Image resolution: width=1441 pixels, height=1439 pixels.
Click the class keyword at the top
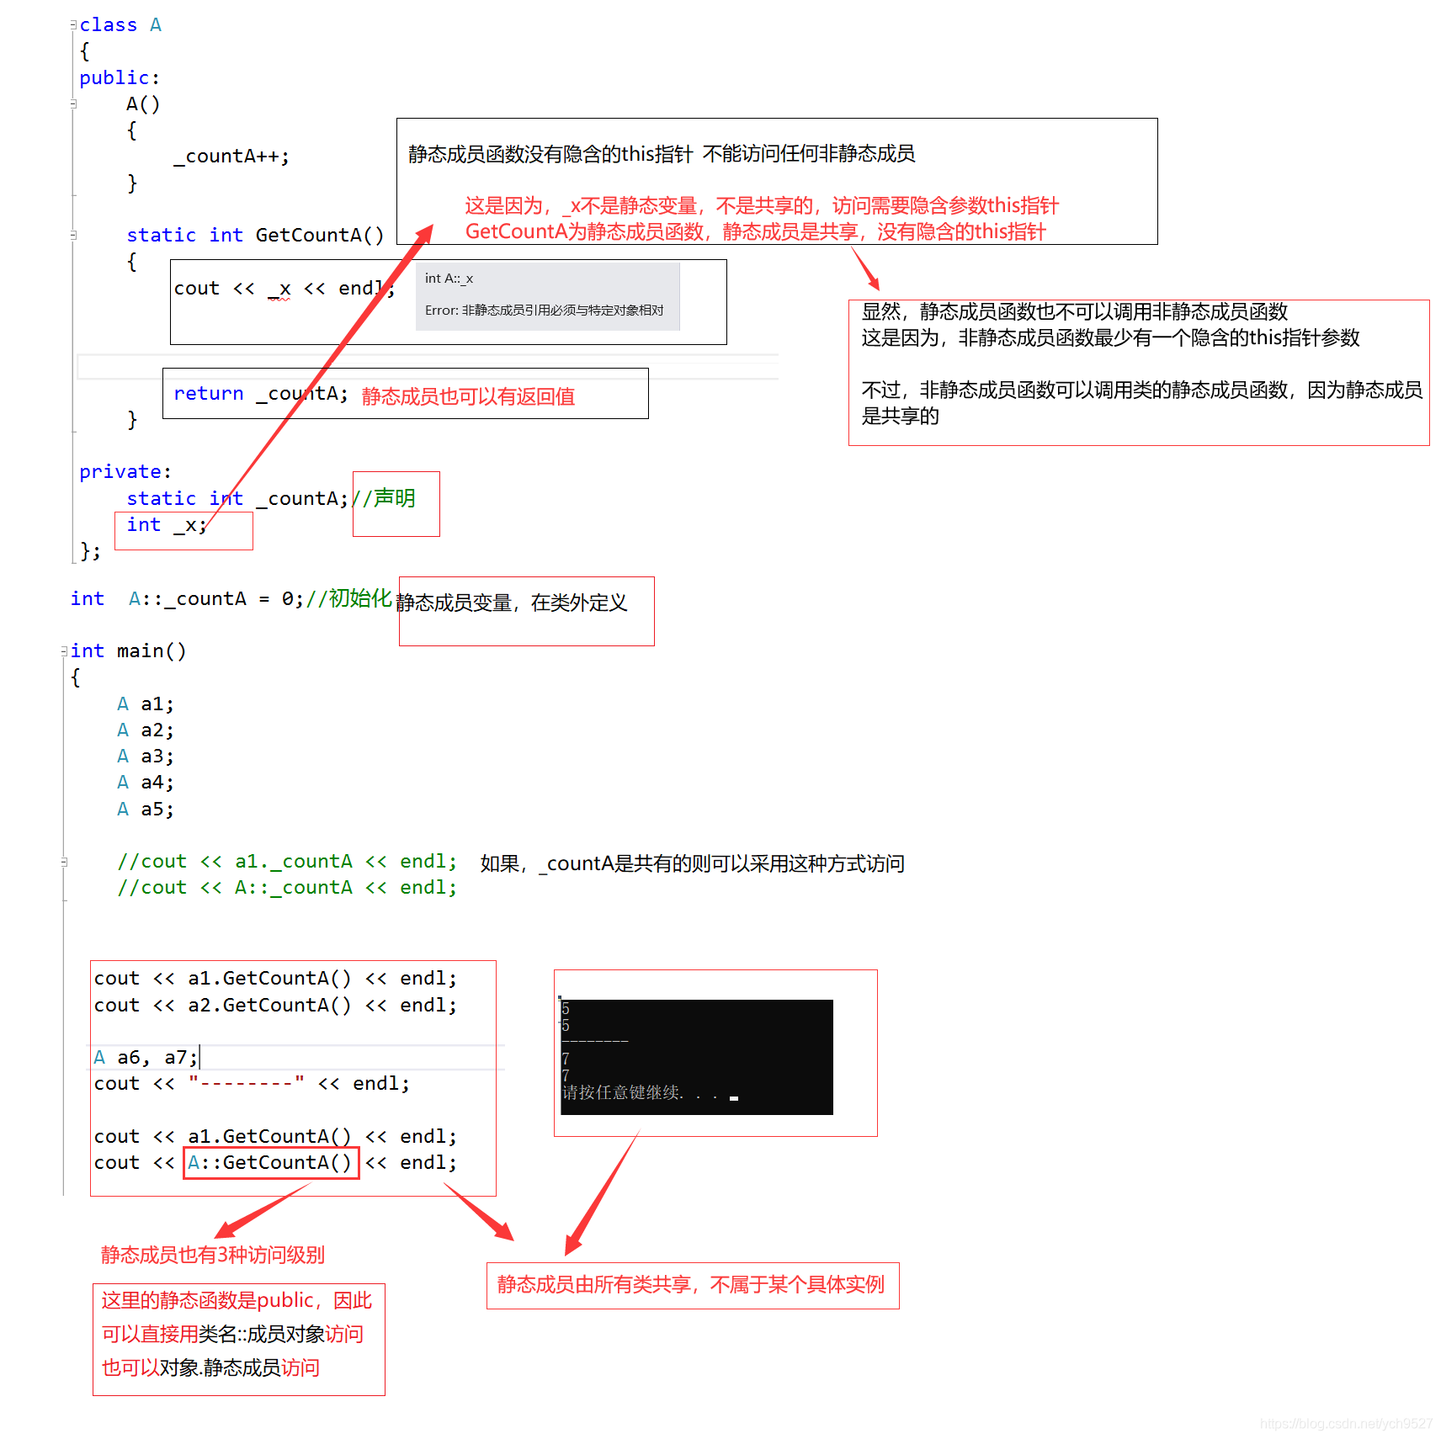click(x=108, y=25)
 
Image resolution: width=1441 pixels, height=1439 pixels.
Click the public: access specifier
click(x=120, y=77)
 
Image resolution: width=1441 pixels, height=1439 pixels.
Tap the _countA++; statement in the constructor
click(x=231, y=157)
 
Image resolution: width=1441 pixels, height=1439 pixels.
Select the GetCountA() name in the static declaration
click(x=320, y=235)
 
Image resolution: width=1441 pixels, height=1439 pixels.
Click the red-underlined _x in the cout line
click(x=279, y=289)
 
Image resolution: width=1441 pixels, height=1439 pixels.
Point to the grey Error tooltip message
click(x=545, y=310)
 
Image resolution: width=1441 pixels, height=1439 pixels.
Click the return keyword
click(x=209, y=393)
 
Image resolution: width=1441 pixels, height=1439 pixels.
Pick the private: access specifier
click(x=125, y=471)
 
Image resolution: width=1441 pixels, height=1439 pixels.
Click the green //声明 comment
click(x=384, y=498)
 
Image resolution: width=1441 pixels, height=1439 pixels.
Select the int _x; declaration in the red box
click(x=167, y=525)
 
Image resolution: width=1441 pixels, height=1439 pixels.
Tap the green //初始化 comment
click(x=348, y=598)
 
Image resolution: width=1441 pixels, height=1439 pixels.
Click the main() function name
click(x=152, y=650)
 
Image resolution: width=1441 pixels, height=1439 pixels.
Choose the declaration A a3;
click(x=146, y=756)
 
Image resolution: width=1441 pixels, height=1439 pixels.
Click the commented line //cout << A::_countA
click(x=287, y=887)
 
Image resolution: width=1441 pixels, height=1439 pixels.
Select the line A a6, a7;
click(x=146, y=1057)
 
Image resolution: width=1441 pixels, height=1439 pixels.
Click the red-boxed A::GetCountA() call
click(x=271, y=1162)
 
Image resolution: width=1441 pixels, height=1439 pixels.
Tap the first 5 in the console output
click(x=566, y=1008)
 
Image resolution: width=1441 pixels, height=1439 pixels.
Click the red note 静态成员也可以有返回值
click(x=468, y=396)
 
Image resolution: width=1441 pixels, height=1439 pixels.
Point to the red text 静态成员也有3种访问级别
click(x=213, y=1255)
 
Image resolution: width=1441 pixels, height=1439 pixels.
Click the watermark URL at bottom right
click(x=1346, y=1423)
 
